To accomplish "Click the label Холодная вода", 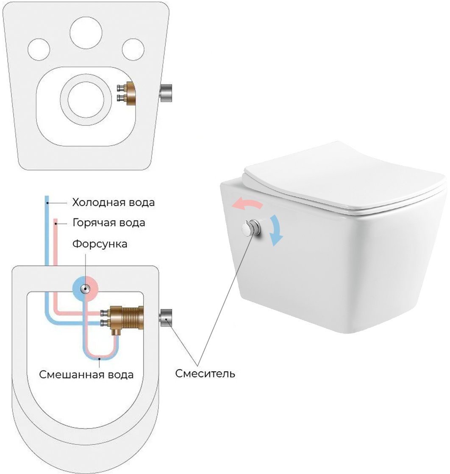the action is pos(114,202).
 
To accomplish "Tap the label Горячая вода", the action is pos(109,223).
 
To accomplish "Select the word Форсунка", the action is pos(100,244).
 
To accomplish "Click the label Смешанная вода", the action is pos(86,375).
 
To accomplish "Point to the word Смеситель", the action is pos(205,374).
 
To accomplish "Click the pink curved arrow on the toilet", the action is pos(247,203).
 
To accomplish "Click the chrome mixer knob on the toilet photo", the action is pos(251,228).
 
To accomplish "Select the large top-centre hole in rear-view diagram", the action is pos(86,33).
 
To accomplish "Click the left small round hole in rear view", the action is pos(39,49).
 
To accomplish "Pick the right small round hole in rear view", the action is pos(133,49).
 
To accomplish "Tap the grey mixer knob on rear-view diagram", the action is pos(166,93).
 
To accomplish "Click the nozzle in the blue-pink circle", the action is pos(85,288).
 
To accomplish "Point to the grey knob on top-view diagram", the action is pos(166,318).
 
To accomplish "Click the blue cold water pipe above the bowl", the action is pos(47,230).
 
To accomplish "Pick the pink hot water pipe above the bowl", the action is pos(56,242).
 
